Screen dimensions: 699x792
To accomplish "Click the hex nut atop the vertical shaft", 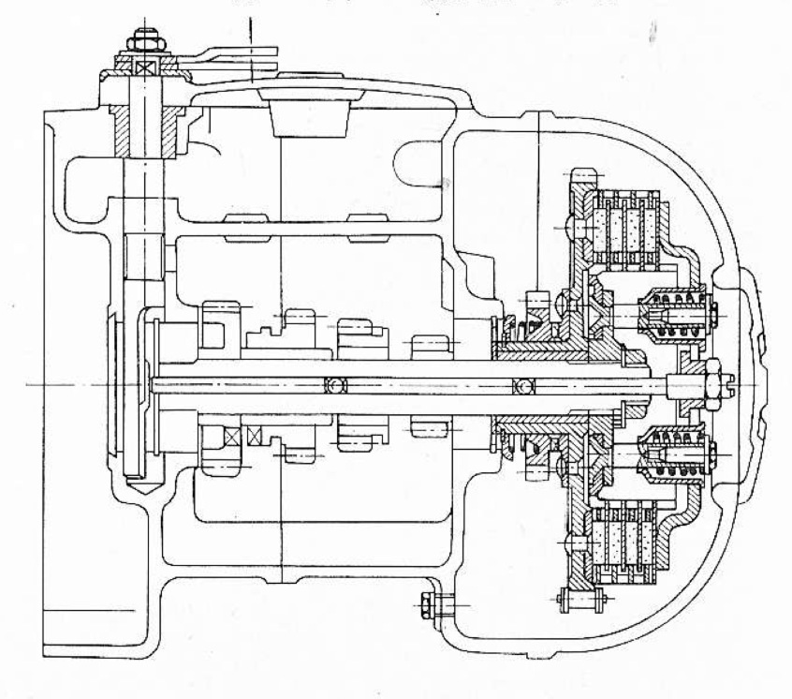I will point(144,38).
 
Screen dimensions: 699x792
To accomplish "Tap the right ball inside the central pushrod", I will point(520,385).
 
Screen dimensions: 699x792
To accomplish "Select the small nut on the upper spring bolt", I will point(713,313).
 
